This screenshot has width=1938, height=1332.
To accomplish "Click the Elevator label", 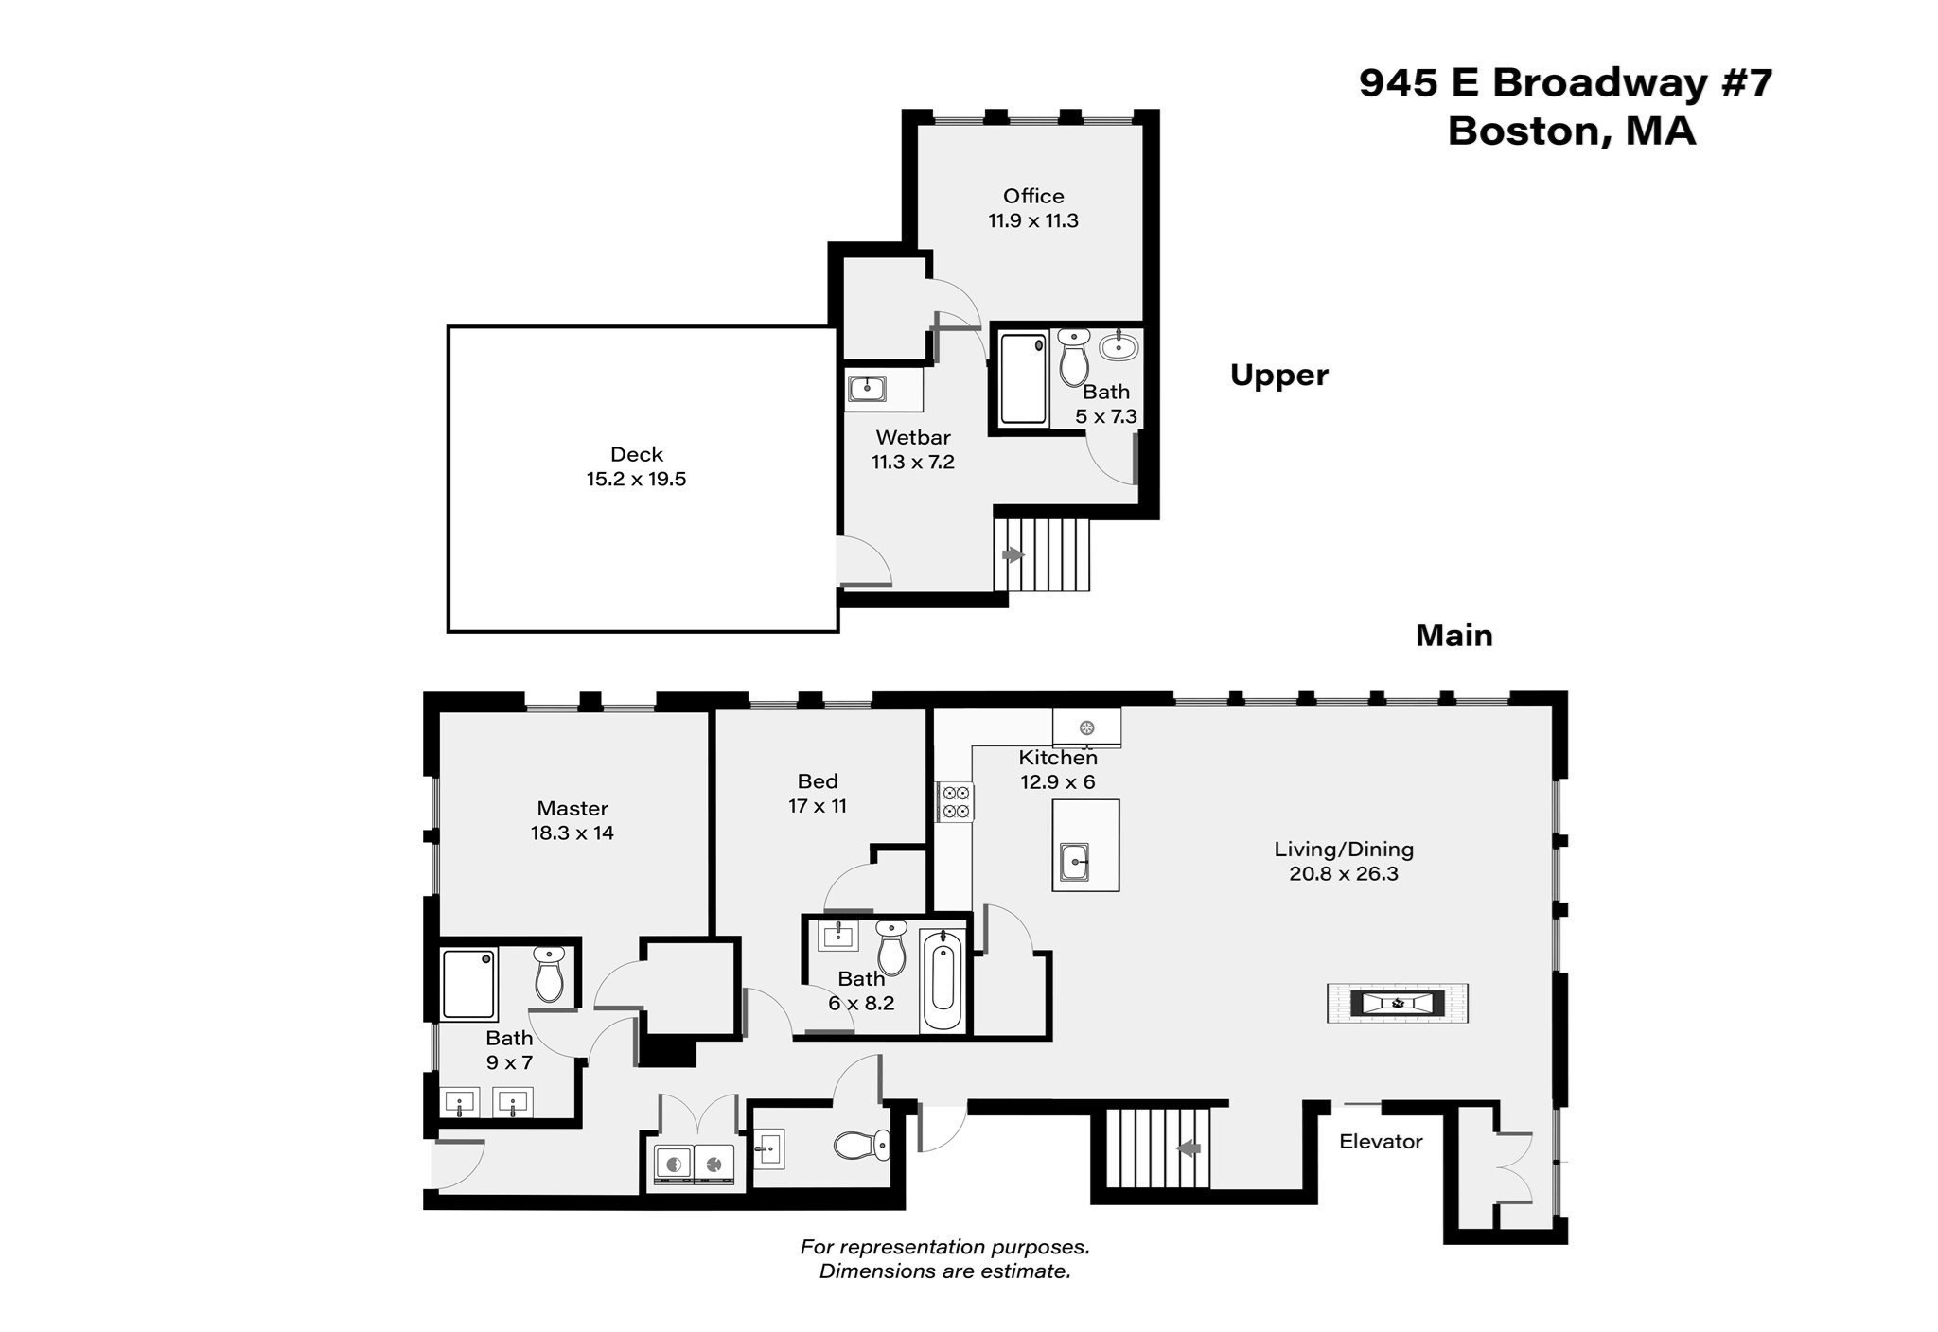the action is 1381,1141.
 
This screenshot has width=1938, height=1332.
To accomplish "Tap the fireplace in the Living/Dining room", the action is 1398,1003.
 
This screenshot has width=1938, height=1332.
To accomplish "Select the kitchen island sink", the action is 1074,861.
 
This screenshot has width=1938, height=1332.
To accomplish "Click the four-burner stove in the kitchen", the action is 956,801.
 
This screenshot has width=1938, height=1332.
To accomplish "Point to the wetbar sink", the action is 867,388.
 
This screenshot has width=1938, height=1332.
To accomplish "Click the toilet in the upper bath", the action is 1074,356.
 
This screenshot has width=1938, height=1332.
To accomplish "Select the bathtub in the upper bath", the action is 1023,378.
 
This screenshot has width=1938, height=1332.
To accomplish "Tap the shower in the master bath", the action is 469,985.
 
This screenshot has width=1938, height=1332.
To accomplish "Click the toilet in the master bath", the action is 549,974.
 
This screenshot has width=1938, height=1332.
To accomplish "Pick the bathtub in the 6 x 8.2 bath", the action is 943,982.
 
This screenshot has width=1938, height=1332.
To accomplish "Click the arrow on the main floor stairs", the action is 1189,1148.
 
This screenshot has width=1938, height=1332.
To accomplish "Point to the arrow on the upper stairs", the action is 1013,555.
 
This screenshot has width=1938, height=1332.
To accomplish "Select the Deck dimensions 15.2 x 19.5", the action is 636,479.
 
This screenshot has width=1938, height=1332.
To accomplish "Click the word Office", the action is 1033,196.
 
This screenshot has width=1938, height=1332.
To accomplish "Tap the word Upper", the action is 1279,377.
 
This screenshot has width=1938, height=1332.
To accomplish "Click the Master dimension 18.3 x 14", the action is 573,832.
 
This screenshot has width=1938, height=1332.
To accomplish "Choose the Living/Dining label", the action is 1344,849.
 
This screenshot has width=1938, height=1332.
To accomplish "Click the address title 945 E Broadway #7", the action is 1566,83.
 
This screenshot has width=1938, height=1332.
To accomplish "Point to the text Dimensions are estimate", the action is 945,1271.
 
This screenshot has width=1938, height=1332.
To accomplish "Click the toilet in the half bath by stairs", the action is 862,1146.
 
